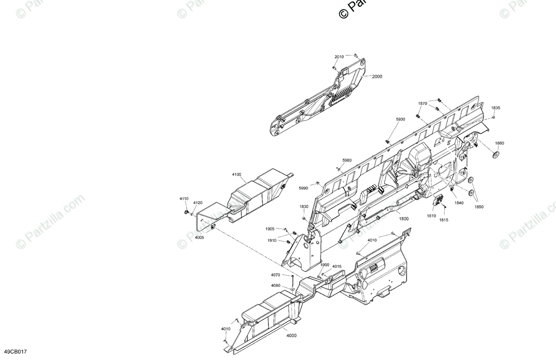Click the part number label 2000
coord(377,77)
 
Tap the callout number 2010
coord(339,57)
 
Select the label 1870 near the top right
coord(423,104)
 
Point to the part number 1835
coord(496,108)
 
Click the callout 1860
coord(499,143)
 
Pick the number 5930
coord(400,120)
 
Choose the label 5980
coord(347,160)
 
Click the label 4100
coord(237,175)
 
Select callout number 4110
coord(184,199)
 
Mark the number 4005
coord(199,238)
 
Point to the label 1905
coord(270,229)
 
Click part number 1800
coord(404,219)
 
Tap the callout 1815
coord(443,220)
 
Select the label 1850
coord(479,207)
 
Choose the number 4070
coord(276,275)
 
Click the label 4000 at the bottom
coord(291,336)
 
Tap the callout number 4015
coord(337,266)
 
